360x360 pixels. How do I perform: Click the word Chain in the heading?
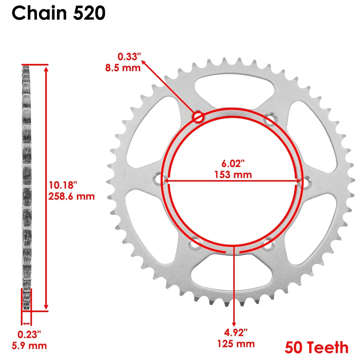[38, 14]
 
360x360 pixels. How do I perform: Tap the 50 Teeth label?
[316, 347]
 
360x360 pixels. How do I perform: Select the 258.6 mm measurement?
[72, 196]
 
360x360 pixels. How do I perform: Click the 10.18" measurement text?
[63, 185]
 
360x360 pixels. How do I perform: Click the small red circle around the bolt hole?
[198, 117]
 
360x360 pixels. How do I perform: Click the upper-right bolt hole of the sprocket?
[269, 120]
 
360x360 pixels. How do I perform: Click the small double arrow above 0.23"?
[26, 323]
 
